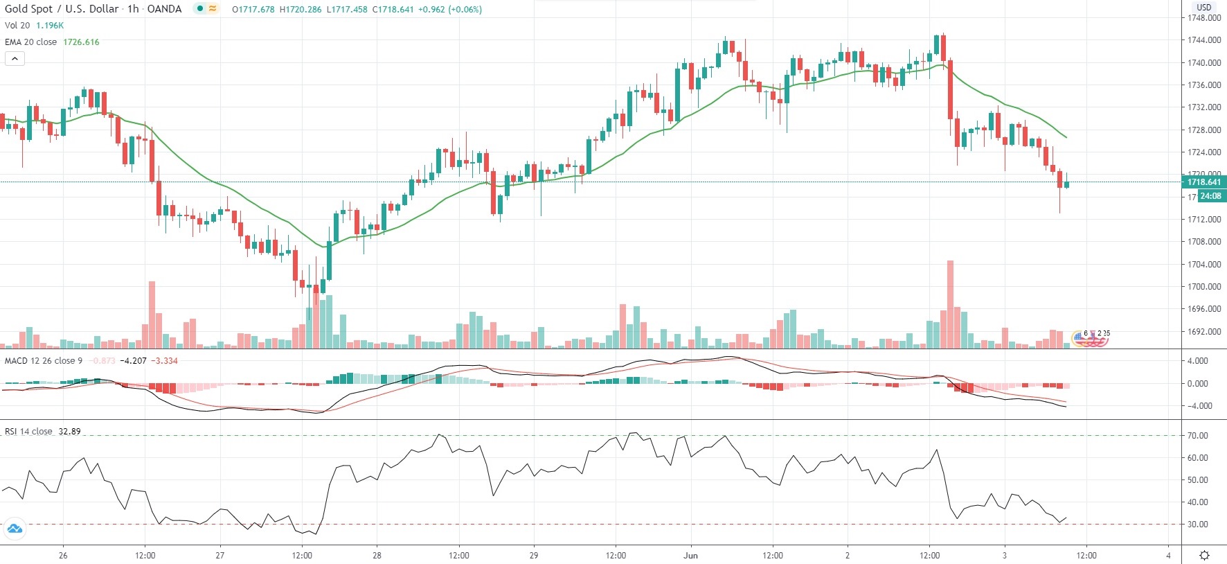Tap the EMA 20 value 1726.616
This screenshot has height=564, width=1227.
[x=81, y=42]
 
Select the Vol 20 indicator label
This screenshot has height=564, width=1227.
[x=17, y=26]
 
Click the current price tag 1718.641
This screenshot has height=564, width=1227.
[x=1203, y=182]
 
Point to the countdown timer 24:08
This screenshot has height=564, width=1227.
[x=1210, y=196]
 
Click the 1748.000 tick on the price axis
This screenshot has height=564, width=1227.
[x=1204, y=18]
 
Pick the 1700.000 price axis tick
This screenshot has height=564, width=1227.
[x=1204, y=287]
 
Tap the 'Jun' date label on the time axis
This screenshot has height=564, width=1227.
[x=690, y=556]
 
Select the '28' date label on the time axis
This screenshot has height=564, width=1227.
[x=377, y=556]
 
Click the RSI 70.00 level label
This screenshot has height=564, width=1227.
[x=1197, y=436]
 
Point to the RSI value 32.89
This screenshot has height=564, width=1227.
[x=69, y=432]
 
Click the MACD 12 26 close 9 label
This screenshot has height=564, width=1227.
[x=44, y=361]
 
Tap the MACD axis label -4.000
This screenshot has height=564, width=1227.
[x=1197, y=406]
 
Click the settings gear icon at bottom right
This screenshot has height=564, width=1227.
[x=1204, y=555]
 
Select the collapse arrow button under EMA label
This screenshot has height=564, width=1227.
[x=15, y=59]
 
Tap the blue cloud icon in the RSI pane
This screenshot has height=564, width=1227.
[x=15, y=529]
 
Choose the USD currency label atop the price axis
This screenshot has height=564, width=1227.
[x=1204, y=8]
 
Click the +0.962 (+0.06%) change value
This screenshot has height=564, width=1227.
[x=449, y=10]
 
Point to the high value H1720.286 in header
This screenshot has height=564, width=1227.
[x=301, y=10]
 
